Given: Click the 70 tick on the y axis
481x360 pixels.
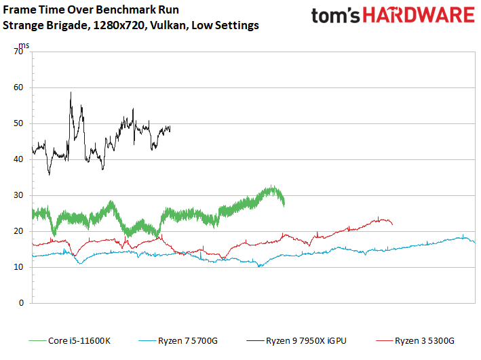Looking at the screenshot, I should point(19,52).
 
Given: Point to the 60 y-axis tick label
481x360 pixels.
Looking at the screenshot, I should point(19,87).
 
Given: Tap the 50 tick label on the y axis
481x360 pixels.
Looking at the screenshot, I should point(19,123).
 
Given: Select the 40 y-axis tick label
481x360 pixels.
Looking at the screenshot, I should point(19,159).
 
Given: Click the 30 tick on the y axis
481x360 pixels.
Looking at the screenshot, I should point(19,195).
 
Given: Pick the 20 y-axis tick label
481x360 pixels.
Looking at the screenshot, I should point(19,231).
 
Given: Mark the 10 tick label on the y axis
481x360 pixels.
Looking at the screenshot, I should point(19,267).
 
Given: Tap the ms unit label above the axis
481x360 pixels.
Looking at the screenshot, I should point(24,45).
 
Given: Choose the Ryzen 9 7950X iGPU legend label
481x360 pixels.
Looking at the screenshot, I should point(305,340).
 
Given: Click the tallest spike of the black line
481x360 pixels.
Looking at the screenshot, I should point(71,93).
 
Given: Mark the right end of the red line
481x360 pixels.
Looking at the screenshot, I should point(392,224).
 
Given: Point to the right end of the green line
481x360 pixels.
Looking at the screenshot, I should point(284,202).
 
